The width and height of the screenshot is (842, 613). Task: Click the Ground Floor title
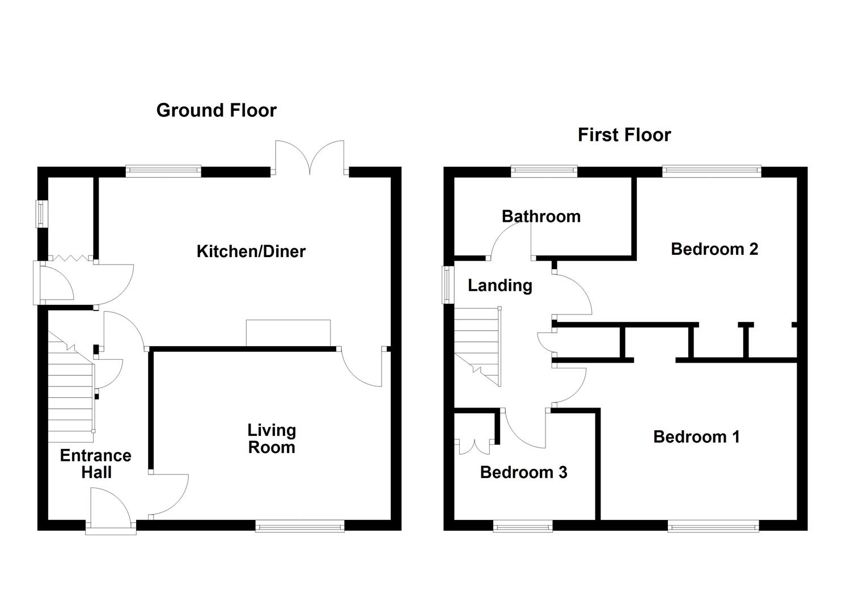click(x=216, y=110)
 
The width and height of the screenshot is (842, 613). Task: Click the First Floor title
click(x=624, y=135)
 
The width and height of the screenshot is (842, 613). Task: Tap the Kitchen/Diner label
click(x=251, y=251)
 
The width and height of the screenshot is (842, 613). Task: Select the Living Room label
click(x=272, y=439)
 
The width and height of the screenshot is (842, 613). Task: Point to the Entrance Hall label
click(x=96, y=464)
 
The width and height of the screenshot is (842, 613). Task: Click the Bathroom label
click(x=541, y=216)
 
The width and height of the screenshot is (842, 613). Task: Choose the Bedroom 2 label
click(x=714, y=249)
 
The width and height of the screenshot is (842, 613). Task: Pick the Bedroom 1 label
click(x=696, y=436)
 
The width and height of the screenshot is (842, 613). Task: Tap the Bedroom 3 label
click(x=523, y=472)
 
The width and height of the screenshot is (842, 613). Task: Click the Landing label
click(x=500, y=285)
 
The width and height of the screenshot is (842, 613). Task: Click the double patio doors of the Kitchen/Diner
click(x=310, y=159)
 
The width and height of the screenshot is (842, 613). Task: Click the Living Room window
click(x=300, y=527)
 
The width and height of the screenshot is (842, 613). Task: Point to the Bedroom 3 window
click(x=522, y=527)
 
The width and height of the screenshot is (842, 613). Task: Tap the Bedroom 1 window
click(x=713, y=527)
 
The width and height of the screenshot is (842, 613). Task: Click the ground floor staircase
click(x=71, y=392)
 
